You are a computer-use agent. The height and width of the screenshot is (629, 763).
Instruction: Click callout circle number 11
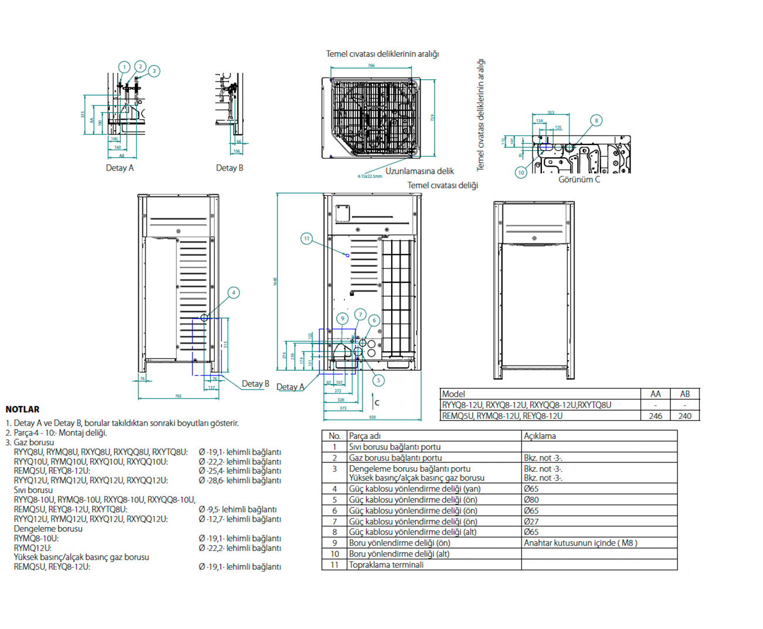point(306,238)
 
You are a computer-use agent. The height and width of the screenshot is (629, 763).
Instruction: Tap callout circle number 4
point(233,292)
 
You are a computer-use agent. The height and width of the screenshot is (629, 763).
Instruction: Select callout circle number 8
point(596,120)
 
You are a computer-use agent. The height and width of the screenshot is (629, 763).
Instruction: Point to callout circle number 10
point(521,172)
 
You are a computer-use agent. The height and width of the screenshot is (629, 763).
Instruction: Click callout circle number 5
point(378,380)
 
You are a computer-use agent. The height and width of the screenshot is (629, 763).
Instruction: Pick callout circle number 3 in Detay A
point(154,71)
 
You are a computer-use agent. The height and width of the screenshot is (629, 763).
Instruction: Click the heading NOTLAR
point(22,409)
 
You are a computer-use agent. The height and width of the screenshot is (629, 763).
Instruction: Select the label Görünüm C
point(579,180)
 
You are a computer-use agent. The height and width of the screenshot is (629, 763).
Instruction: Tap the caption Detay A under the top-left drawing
point(120,168)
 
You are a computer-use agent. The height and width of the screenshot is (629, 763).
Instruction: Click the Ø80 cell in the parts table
point(531,500)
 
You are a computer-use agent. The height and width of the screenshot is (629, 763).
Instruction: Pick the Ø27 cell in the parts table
point(531,522)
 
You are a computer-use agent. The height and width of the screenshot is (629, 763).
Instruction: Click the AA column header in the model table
point(655,394)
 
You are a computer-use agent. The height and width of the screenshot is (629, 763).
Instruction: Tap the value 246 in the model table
point(655,416)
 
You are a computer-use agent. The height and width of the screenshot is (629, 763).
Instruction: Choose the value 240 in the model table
point(684,416)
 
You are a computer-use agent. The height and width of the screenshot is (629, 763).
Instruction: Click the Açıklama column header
point(540,436)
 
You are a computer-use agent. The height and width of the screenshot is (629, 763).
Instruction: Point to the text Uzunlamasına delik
point(419,171)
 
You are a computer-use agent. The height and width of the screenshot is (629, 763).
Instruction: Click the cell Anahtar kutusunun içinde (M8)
point(580,543)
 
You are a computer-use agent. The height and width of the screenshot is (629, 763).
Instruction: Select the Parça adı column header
point(365,436)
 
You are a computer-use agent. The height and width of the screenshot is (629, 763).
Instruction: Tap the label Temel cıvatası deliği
point(443,185)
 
